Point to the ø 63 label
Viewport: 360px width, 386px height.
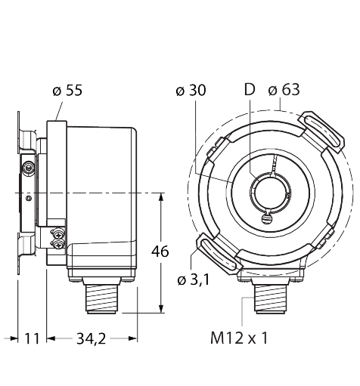click(x=284, y=91)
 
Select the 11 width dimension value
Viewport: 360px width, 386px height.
click(x=29, y=339)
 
